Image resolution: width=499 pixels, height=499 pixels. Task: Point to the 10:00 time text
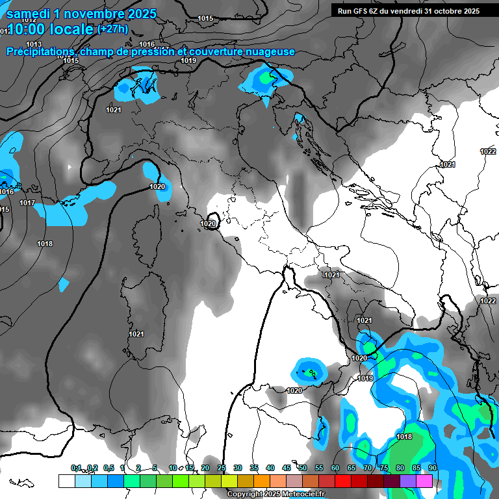click(33, 29)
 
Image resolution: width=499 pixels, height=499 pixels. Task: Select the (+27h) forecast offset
click(112, 29)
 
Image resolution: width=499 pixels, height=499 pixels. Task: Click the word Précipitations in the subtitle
click(42, 52)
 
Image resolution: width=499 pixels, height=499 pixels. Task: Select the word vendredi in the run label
click(409, 11)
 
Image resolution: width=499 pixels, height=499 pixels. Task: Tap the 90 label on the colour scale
click(432, 468)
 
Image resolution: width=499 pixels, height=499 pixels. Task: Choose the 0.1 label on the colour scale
click(77, 468)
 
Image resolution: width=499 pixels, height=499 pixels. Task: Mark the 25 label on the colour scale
click(222, 468)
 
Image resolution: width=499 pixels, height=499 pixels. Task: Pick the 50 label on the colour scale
click(303, 468)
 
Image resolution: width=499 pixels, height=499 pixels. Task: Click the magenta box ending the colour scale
click(424, 481)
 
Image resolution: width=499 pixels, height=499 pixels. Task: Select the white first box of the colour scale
click(66, 481)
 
